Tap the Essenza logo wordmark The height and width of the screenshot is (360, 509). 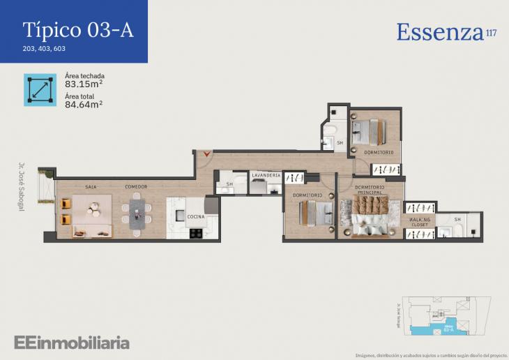440,32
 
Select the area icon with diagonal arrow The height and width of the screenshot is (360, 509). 40,89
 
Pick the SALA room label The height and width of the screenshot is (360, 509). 91,187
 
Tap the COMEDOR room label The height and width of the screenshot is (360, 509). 136,187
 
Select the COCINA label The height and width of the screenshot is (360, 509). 196,217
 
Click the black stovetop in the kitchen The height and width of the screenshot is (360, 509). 195,233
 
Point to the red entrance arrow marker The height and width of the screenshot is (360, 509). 205,154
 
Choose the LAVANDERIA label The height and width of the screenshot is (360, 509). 266,175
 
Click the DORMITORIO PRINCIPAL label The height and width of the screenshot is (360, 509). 370,190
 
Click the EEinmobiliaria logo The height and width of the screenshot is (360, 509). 72,343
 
